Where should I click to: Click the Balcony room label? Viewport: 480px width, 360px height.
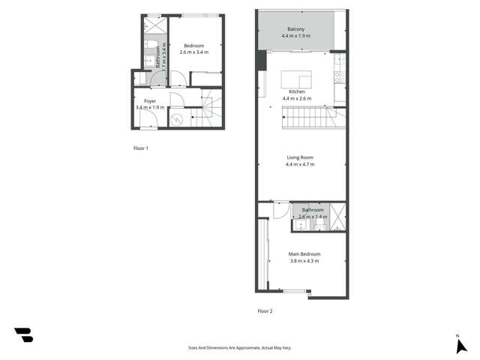[x=295, y=29]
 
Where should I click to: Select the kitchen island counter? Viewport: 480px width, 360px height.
[x=295, y=78]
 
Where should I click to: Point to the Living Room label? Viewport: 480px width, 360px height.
[x=300, y=157]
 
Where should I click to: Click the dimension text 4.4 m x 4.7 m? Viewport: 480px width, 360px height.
[x=300, y=165]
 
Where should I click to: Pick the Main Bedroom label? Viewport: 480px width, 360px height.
[x=304, y=253]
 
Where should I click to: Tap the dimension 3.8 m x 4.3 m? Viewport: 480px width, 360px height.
[x=304, y=261]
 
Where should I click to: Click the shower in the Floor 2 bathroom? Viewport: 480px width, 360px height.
[x=338, y=216]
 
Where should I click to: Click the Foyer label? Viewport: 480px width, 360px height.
[x=150, y=100]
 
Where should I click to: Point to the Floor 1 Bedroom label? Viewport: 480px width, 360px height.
[x=193, y=46]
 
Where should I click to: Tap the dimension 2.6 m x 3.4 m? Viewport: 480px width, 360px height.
[x=193, y=53]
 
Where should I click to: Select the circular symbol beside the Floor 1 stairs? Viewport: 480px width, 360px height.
[x=177, y=118]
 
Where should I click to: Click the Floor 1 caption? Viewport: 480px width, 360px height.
[x=140, y=148]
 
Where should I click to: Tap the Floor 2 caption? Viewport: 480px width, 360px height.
[x=265, y=310]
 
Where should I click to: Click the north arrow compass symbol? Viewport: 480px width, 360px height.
[x=460, y=346]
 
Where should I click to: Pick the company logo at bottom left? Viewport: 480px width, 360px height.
[x=24, y=335]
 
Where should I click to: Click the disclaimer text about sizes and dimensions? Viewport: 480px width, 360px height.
[x=239, y=348]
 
